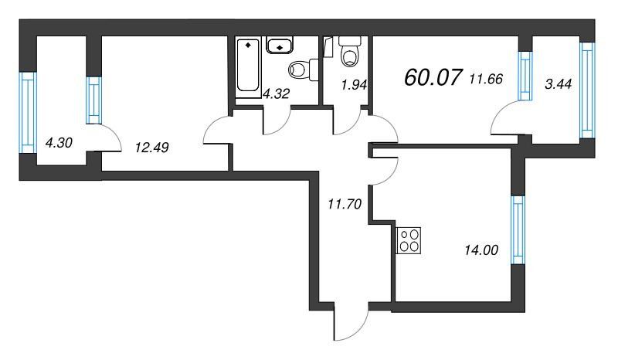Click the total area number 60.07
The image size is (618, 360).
coord(433,77)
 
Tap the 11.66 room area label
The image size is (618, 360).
coord(487,80)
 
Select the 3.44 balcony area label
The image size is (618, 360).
coord(558,84)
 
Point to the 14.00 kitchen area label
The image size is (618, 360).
coord(481,250)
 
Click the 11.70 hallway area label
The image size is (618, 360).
coord(345,204)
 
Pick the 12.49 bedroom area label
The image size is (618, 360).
coord(151,148)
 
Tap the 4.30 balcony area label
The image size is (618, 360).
coord(59,143)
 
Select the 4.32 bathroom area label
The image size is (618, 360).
coord(277,93)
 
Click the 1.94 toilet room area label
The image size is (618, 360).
coord(354,84)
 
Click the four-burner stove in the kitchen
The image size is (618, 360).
coord(409,240)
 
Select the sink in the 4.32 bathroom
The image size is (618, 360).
coord(280,45)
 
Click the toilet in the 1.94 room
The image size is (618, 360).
coord(350,51)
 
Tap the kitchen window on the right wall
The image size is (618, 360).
coord(518,230)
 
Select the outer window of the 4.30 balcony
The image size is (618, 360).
coord(28,113)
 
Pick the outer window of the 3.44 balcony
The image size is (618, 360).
coord(587,90)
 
